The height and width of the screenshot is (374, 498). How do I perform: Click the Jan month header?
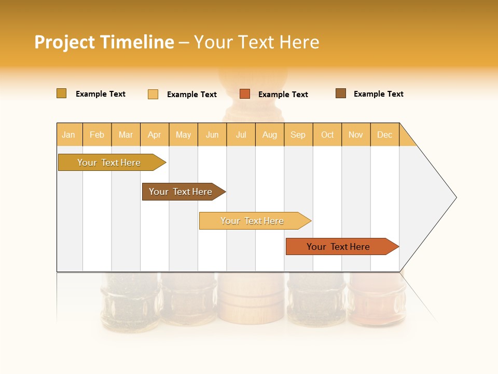pyautogui.click(x=68, y=135)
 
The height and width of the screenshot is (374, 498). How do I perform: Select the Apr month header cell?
pyautogui.click(x=154, y=135)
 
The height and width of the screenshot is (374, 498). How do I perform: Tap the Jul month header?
pyautogui.click(x=241, y=135)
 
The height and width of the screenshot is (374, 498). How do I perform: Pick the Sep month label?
pyautogui.click(x=298, y=135)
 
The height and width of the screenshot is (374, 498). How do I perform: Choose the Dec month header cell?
pyautogui.click(x=384, y=135)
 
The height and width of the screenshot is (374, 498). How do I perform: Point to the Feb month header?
pyautogui.click(x=97, y=135)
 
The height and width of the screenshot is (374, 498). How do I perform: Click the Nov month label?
pyautogui.click(x=355, y=135)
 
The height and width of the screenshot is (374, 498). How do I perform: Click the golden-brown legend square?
pyautogui.click(x=61, y=94)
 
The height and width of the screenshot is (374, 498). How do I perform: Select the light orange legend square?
pyautogui.click(x=153, y=94)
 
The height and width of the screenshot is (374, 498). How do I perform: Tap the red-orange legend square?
pyautogui.click(x=245, y=94)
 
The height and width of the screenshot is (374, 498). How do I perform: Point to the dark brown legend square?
pyautogui.click(x=341, y=94)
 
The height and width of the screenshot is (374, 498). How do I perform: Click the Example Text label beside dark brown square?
pyautogui.click(x=378, y=94)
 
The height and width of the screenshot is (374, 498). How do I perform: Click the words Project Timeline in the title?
pyautogui.click(x=104, y=42)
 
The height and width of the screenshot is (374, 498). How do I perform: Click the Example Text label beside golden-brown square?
pyautogui.click(x=100, y=94)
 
